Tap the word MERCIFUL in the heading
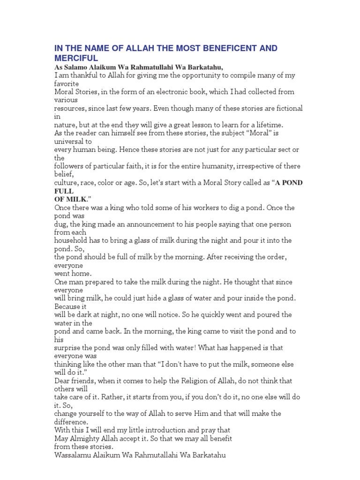click(x=76, y=58)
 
